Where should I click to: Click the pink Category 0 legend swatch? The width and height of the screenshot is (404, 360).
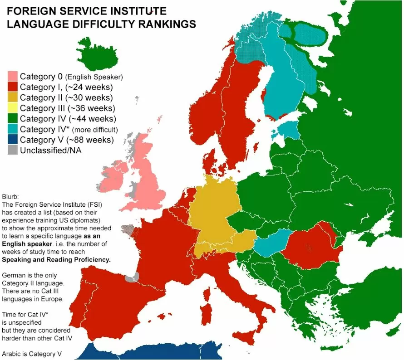coord(13,76)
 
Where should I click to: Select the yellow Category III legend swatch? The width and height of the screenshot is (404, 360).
coord(13,108)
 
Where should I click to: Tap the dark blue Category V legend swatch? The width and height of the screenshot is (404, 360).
coord(13,140)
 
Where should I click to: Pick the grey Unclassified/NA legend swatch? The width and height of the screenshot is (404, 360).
coord(13,151)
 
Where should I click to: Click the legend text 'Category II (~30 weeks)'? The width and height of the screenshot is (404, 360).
coord(66,97)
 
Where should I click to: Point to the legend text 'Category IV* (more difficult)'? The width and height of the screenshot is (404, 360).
coord(72,129)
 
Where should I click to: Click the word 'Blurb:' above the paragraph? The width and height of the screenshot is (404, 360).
coord(11,197)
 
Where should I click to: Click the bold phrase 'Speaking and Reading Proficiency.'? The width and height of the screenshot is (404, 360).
coord(57,259)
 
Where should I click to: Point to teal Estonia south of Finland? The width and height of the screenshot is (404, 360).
coord(288,130)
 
